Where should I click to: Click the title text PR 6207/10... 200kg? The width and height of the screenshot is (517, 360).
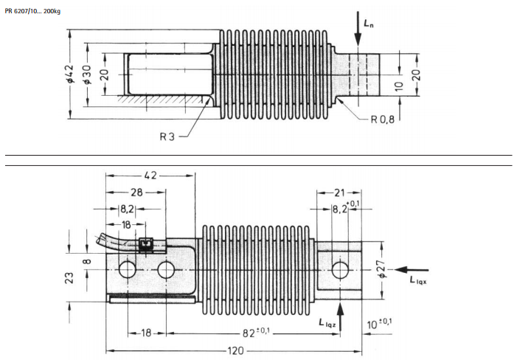point(32,11)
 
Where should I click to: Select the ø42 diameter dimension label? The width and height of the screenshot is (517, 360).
point(69,74)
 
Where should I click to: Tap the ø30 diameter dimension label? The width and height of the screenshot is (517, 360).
point(87,75)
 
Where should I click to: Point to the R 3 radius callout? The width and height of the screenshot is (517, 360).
point(167,136)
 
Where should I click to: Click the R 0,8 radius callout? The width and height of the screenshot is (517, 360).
point(383,120)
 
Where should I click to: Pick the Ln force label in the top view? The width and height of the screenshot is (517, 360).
point(369,23)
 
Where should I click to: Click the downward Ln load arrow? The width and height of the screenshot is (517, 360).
point(358,28)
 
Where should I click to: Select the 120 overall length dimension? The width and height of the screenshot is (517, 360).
point(235,350)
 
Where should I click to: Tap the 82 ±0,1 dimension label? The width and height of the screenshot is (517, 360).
point(256,332)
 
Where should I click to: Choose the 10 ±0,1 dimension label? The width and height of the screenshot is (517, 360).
point(379,324)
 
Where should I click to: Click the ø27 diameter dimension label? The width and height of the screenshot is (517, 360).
point(382,269)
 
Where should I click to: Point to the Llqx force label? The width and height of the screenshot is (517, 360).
point(418,280)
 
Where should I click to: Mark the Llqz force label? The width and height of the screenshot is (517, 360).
point(327,323)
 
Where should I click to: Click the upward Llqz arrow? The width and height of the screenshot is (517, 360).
point(340,316)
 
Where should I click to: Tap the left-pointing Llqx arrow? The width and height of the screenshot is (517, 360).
point(412,270)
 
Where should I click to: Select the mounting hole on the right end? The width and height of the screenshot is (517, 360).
point(340,270)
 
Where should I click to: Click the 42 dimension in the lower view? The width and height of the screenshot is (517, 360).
point(150,176)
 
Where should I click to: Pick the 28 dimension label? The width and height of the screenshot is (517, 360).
point(136,193)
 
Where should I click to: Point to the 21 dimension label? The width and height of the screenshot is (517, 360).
point(339,193)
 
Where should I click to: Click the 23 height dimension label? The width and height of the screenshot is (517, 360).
point(69,278)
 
